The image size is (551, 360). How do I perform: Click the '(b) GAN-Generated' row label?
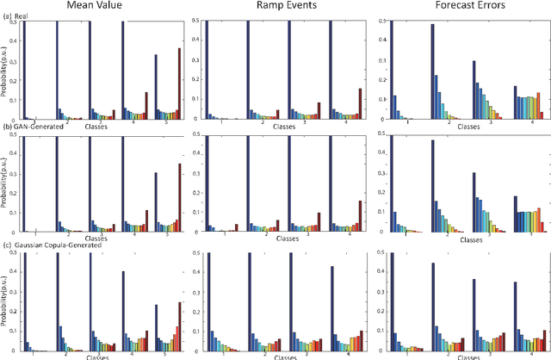coord(38,127)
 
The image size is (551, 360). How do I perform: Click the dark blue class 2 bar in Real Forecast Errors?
coord(432,71)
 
